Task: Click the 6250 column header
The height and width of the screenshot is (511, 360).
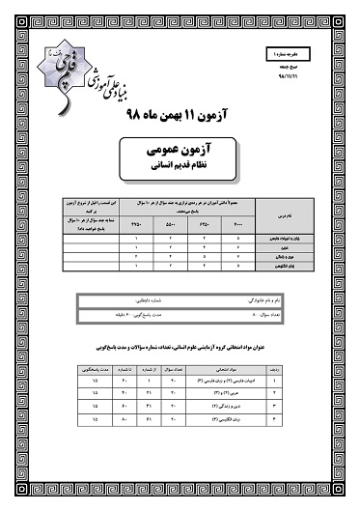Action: click(x=206, y=222)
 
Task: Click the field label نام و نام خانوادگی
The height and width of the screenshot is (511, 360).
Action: click(x=262, y=303)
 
